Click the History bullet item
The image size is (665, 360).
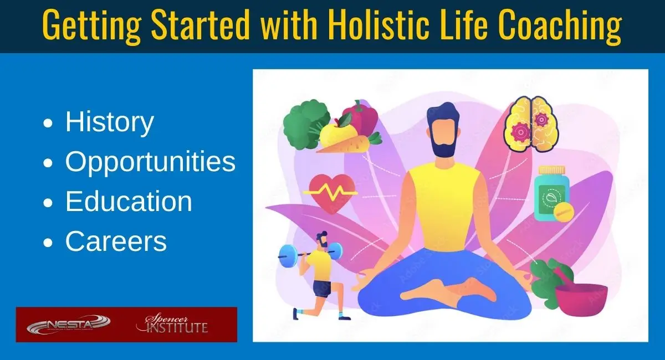pyautogui.click(x=109, y=122)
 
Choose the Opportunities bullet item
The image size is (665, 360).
pyautogui.click(x=150, y=162)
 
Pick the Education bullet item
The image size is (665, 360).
pyautogui.click(x=129, y=202)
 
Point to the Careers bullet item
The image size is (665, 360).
pyautogui.click(x=116, y=241)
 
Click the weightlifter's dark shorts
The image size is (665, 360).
pyautogui.click(x=321, y=288)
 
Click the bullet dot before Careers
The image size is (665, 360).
pyautogui.click(x=49, y=243)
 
